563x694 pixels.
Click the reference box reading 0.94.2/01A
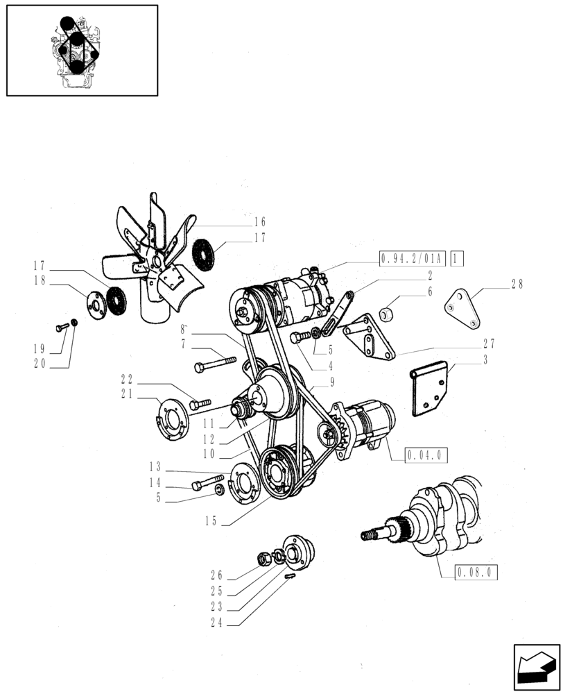413,259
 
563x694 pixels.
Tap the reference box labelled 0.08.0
478,573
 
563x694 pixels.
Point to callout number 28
517,284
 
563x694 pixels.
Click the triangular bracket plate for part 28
463,308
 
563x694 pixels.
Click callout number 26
216,575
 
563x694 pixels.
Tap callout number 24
216,623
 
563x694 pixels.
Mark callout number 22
126,380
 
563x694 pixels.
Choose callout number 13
155,466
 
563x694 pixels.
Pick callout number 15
211,520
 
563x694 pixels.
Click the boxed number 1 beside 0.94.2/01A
457,259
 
